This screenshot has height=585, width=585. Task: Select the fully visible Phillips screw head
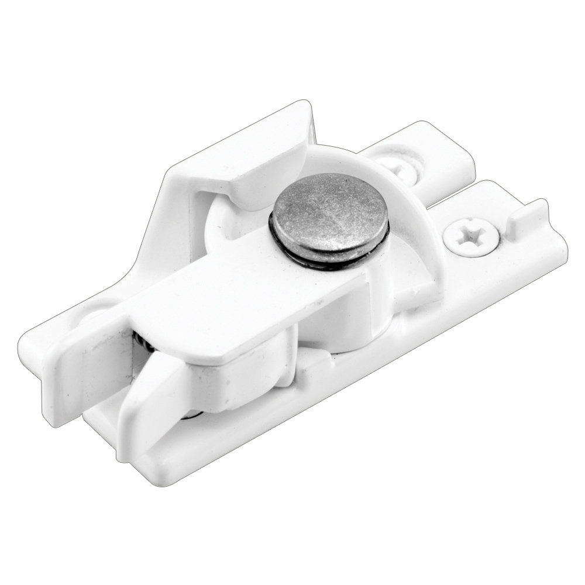coord(472,237)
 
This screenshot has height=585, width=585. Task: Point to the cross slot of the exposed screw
coord(472,236)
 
